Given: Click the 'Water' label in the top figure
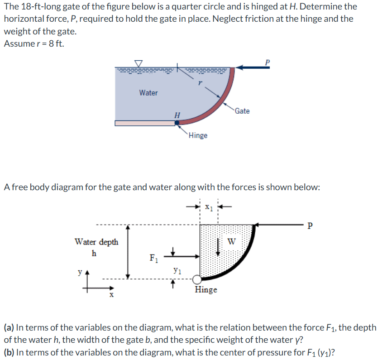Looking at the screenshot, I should point(148,93).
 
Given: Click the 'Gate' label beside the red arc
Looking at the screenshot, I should point(242,111).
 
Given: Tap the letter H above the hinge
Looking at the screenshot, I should point(177,115).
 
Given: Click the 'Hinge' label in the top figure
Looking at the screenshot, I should point(198,135).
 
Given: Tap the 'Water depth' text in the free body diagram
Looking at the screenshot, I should point(96,242).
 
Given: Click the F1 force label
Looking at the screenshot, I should point(154,259).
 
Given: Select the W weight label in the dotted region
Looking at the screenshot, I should point(232,241).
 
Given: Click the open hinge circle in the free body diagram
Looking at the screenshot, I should point(196,280).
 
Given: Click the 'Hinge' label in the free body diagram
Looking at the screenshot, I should point(206,289).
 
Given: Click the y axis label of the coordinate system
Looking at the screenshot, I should point(80,273).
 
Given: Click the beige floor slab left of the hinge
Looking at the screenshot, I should point(145,123).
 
